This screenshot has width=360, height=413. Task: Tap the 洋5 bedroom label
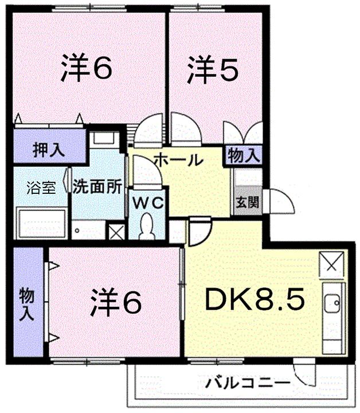212,69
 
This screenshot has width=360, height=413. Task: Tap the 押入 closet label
48,151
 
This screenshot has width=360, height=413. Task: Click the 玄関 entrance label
240,201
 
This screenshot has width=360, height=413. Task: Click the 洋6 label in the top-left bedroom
85,69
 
